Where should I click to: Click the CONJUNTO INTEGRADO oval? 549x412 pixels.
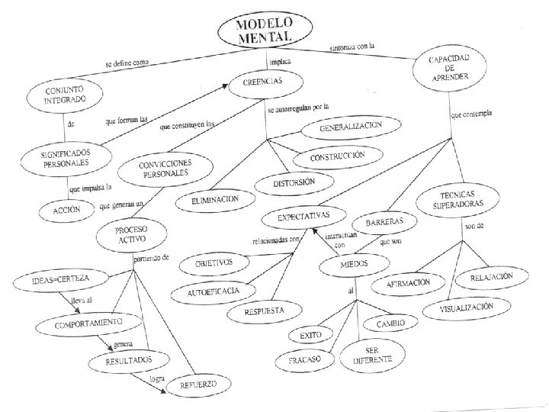pos(64,95)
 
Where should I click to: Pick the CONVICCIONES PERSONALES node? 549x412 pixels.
pos(165,170)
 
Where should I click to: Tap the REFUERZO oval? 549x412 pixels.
pos(198,385)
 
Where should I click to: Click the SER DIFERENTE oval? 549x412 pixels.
pos(368,352)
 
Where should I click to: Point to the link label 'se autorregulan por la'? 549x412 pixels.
pos(299,109)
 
